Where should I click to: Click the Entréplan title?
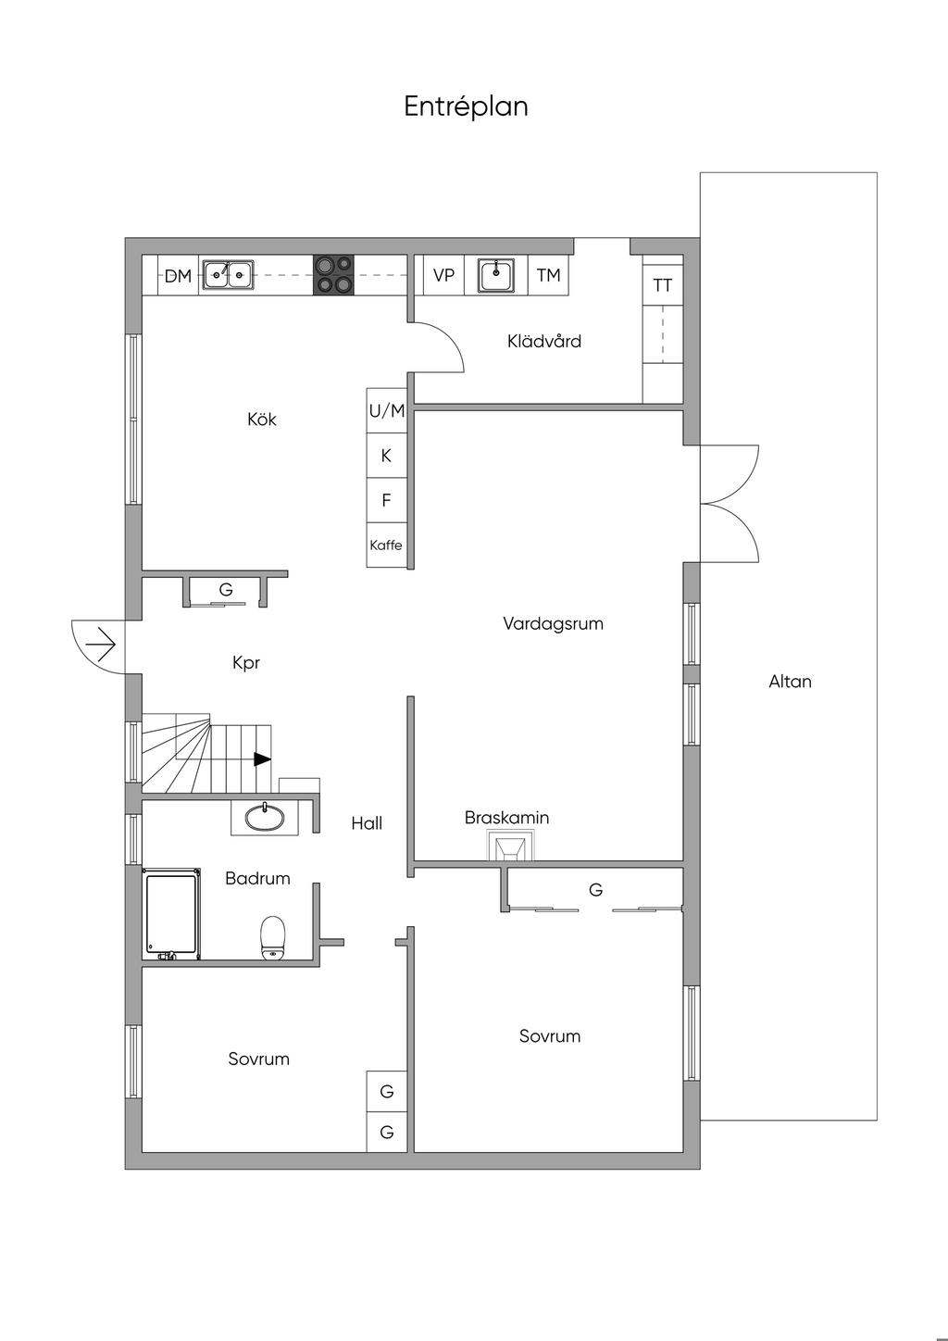tap(466, 107)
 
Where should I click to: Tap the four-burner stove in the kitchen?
tap(333, 275)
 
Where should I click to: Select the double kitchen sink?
tap(228, 275)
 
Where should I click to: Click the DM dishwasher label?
tap(178, 276)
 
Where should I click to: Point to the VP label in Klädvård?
tap(444, 275)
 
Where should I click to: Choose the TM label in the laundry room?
tap(548, 275)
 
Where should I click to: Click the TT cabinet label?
tap(663, 285)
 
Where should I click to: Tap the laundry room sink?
tap(496, 275)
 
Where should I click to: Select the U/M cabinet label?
tap(387, 410)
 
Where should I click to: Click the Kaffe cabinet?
tap(387, 545)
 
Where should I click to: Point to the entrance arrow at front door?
tap(100, 645)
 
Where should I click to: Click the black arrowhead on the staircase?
tap(262, 759)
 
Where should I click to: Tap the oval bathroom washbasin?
tap(265, 818)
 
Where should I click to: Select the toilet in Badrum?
tap(273, 937)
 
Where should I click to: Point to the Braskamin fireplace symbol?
tap(510, 846)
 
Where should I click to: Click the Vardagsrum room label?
tap(553, 624)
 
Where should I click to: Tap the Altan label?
tap(790, 682)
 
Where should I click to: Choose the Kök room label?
tap(262, 419)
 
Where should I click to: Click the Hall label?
tap(367, 823)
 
